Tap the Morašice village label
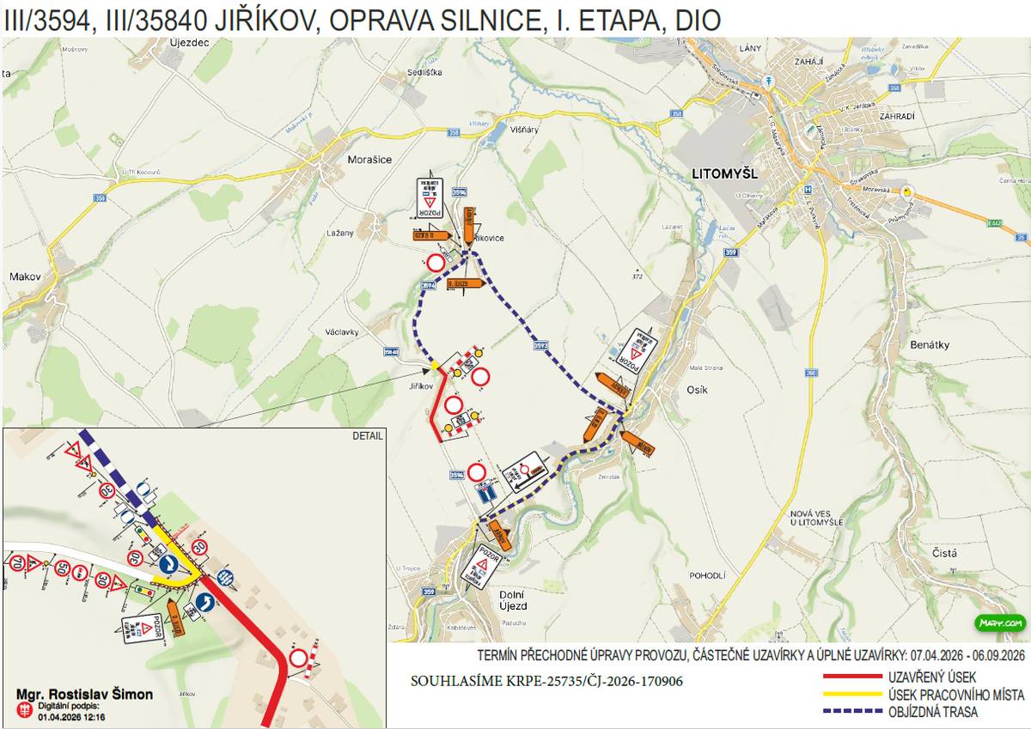371,159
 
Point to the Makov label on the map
25,276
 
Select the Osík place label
697,390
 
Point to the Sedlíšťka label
424,73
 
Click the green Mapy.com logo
999,623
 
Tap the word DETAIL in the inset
367,435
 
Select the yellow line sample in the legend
853,695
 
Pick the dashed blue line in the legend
853,712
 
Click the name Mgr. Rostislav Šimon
85,694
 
